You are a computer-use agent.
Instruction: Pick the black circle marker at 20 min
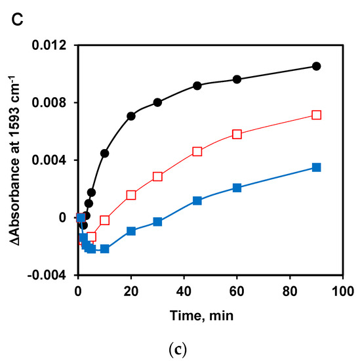(x=131, y=116)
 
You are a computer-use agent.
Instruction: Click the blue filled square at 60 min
(x=237, y=188)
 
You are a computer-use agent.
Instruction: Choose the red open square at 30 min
(x=157, y=177)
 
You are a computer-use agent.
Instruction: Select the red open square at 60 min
(x=237, y=134)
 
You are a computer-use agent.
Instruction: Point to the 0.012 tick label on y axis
(x=50, y=45)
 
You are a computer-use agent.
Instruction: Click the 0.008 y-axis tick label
(x=50, y=102)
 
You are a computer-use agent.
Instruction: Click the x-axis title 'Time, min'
(x=209, y=315)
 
